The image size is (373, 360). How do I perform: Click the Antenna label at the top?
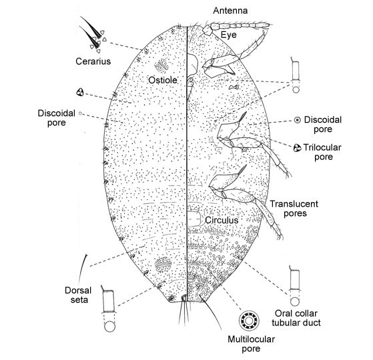(x=230, y=11)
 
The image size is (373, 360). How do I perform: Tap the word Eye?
(x=229, y=35)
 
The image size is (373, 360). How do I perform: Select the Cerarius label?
(x=93, y=61)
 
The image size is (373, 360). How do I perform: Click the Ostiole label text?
(x=163, y=80)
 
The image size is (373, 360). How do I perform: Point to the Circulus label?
(x=222, y=220)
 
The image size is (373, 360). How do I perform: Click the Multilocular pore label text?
(x=251, y=343)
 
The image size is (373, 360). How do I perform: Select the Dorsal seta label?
(x=78, y=295)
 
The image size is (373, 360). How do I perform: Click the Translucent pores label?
(x=294, y=209)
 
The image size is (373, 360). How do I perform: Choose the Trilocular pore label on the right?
(x=322, y=152)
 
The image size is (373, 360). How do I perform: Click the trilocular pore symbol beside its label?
(x=297, y=148)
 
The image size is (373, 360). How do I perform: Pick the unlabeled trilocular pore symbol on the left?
(x=80, y=92)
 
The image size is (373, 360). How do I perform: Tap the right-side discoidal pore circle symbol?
(x=297, y=120)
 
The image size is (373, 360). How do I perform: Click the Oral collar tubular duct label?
(x=296, y=318)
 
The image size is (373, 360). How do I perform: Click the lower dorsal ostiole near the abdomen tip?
(x=163, y=265)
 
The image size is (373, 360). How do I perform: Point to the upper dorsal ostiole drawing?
(x=161, y=66)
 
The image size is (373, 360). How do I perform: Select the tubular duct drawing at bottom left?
(x=109, y=309)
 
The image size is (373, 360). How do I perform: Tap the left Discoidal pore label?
(x=56, y=118)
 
